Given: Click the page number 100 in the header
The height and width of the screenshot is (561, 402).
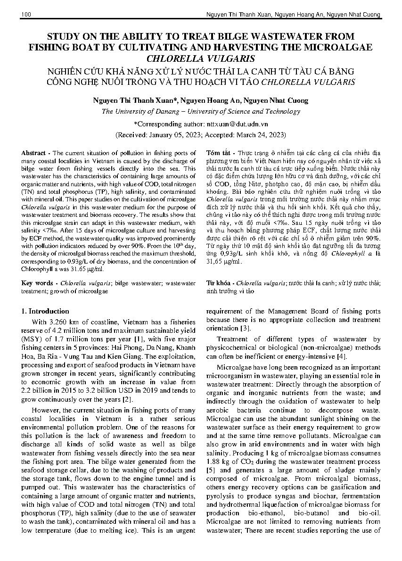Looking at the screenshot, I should coord(26,16).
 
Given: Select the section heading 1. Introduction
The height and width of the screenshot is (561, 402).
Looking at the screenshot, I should coord(45,311).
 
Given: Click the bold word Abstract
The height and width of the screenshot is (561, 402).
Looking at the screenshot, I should coord(34,153).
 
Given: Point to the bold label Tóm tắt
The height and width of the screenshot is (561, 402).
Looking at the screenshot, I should coord(219,153).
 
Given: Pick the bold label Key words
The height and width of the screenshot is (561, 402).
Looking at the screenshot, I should coord(37,283).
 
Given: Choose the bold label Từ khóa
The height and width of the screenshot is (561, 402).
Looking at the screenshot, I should coord(219,283).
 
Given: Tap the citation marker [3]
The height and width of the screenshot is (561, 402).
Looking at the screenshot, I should coord(245,328).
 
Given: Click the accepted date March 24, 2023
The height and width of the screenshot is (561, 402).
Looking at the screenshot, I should coord(260,134).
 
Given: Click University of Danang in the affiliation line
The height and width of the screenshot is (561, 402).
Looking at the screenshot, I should coord(148,112).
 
